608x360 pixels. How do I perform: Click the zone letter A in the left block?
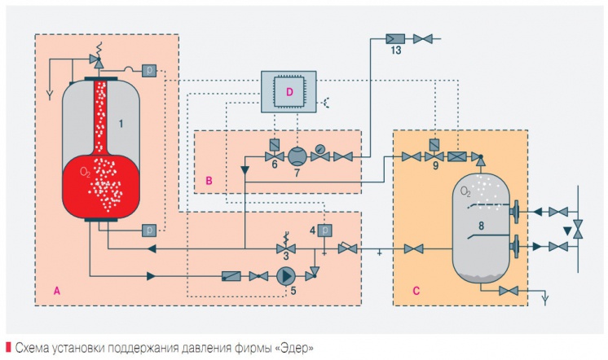tap(56, 289)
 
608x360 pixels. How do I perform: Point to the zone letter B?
tap(210, 181)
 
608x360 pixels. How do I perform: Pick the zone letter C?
tap(406, 288)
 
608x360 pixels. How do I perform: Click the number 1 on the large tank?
tap(121, 124)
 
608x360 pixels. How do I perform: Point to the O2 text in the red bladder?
tap(86, 173)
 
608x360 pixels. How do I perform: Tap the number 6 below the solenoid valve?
tap(273, 165)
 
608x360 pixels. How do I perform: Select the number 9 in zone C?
tap(435, 166)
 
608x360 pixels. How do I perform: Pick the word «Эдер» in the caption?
tap(295, 348)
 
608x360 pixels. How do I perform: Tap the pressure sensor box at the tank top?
tap(150, 70)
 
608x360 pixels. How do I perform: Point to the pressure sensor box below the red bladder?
tap(150, 230)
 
